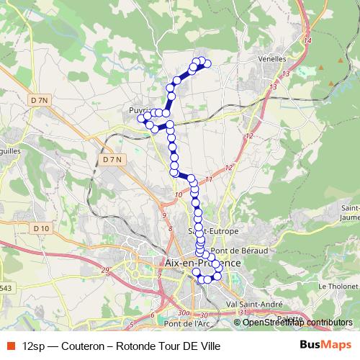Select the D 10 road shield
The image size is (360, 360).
click(x=42, y=228)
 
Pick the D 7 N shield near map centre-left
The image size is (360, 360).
click(x=113, y=159)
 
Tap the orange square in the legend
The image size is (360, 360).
click(x=10, y=344)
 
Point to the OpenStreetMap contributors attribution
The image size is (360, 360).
click(x=293, y=322)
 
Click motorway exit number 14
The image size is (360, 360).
click(x=307, y=40)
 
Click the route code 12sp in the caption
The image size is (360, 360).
click(x=33, y=344)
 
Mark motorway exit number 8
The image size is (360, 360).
click(x=170, y=228)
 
